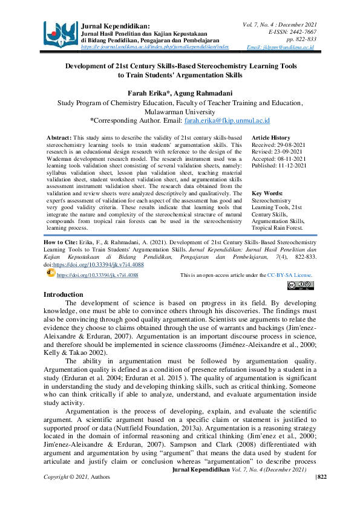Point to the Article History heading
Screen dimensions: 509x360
270,138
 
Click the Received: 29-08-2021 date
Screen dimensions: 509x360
278,146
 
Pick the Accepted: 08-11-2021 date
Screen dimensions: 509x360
278,159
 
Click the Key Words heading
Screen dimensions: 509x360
267,193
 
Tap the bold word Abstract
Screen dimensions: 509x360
59,138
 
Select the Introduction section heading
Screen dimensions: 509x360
67,294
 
